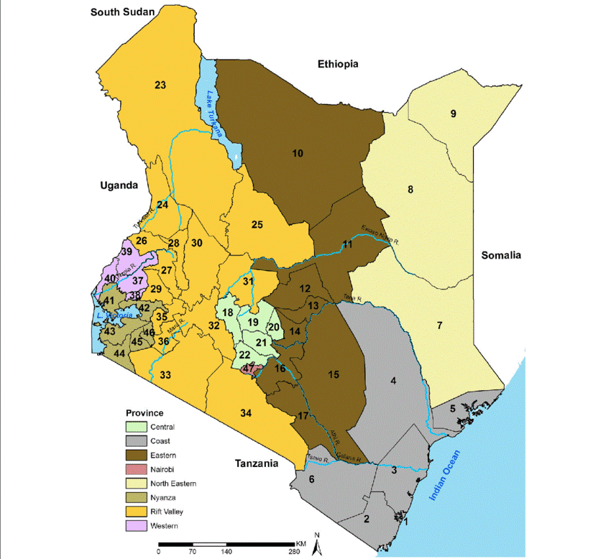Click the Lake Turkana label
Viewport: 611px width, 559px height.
(214, 108)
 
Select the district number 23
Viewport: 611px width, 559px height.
(160, 85)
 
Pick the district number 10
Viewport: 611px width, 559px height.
(298, 152)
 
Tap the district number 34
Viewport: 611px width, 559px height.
(247, 412)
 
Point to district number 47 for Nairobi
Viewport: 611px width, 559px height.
(249, 369)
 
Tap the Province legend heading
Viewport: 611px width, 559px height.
(144, 413)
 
